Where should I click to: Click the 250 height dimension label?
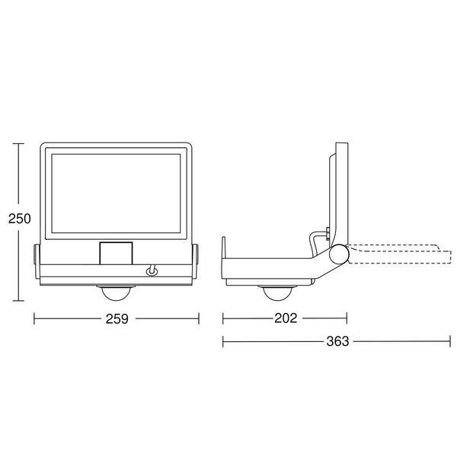(x=20, y=219)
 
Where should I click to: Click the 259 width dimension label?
(x=117, y=319)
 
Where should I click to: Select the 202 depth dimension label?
(x=286, y=318)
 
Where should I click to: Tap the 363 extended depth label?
(x=337, y=341)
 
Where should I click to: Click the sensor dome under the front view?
(x=116, y=293)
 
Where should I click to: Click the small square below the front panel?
(x=116, y=254)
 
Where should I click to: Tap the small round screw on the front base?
(x=152, y=272)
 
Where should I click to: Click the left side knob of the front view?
(x=37, y=254)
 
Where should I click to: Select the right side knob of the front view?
(x=195, y=254)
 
